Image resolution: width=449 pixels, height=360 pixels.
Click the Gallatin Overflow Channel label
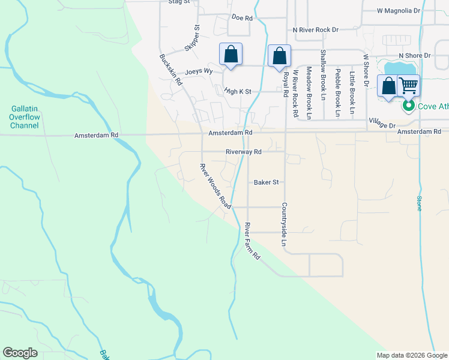(x=25, y=117)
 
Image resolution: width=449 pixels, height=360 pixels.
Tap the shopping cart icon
(x=408, y=86)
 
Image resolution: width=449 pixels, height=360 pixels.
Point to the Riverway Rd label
(x=244, y=152)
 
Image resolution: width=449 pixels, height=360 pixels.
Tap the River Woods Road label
(x=215, y=186)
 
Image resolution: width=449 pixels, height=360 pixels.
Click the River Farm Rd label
(x=252, y=241)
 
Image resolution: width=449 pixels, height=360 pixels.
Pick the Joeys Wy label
(x=199, y=71)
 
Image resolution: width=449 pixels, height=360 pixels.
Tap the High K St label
(x=237, y=92)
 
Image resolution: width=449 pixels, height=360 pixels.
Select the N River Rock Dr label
(x=316, y=29)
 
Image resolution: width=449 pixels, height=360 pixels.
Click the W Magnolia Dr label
(x=398, y=11)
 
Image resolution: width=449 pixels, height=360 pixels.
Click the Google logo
(x=20, y=353)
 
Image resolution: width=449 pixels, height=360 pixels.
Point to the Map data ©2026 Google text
(x=411, y=355)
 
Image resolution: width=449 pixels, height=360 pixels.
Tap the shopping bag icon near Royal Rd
(x=279, y=56)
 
